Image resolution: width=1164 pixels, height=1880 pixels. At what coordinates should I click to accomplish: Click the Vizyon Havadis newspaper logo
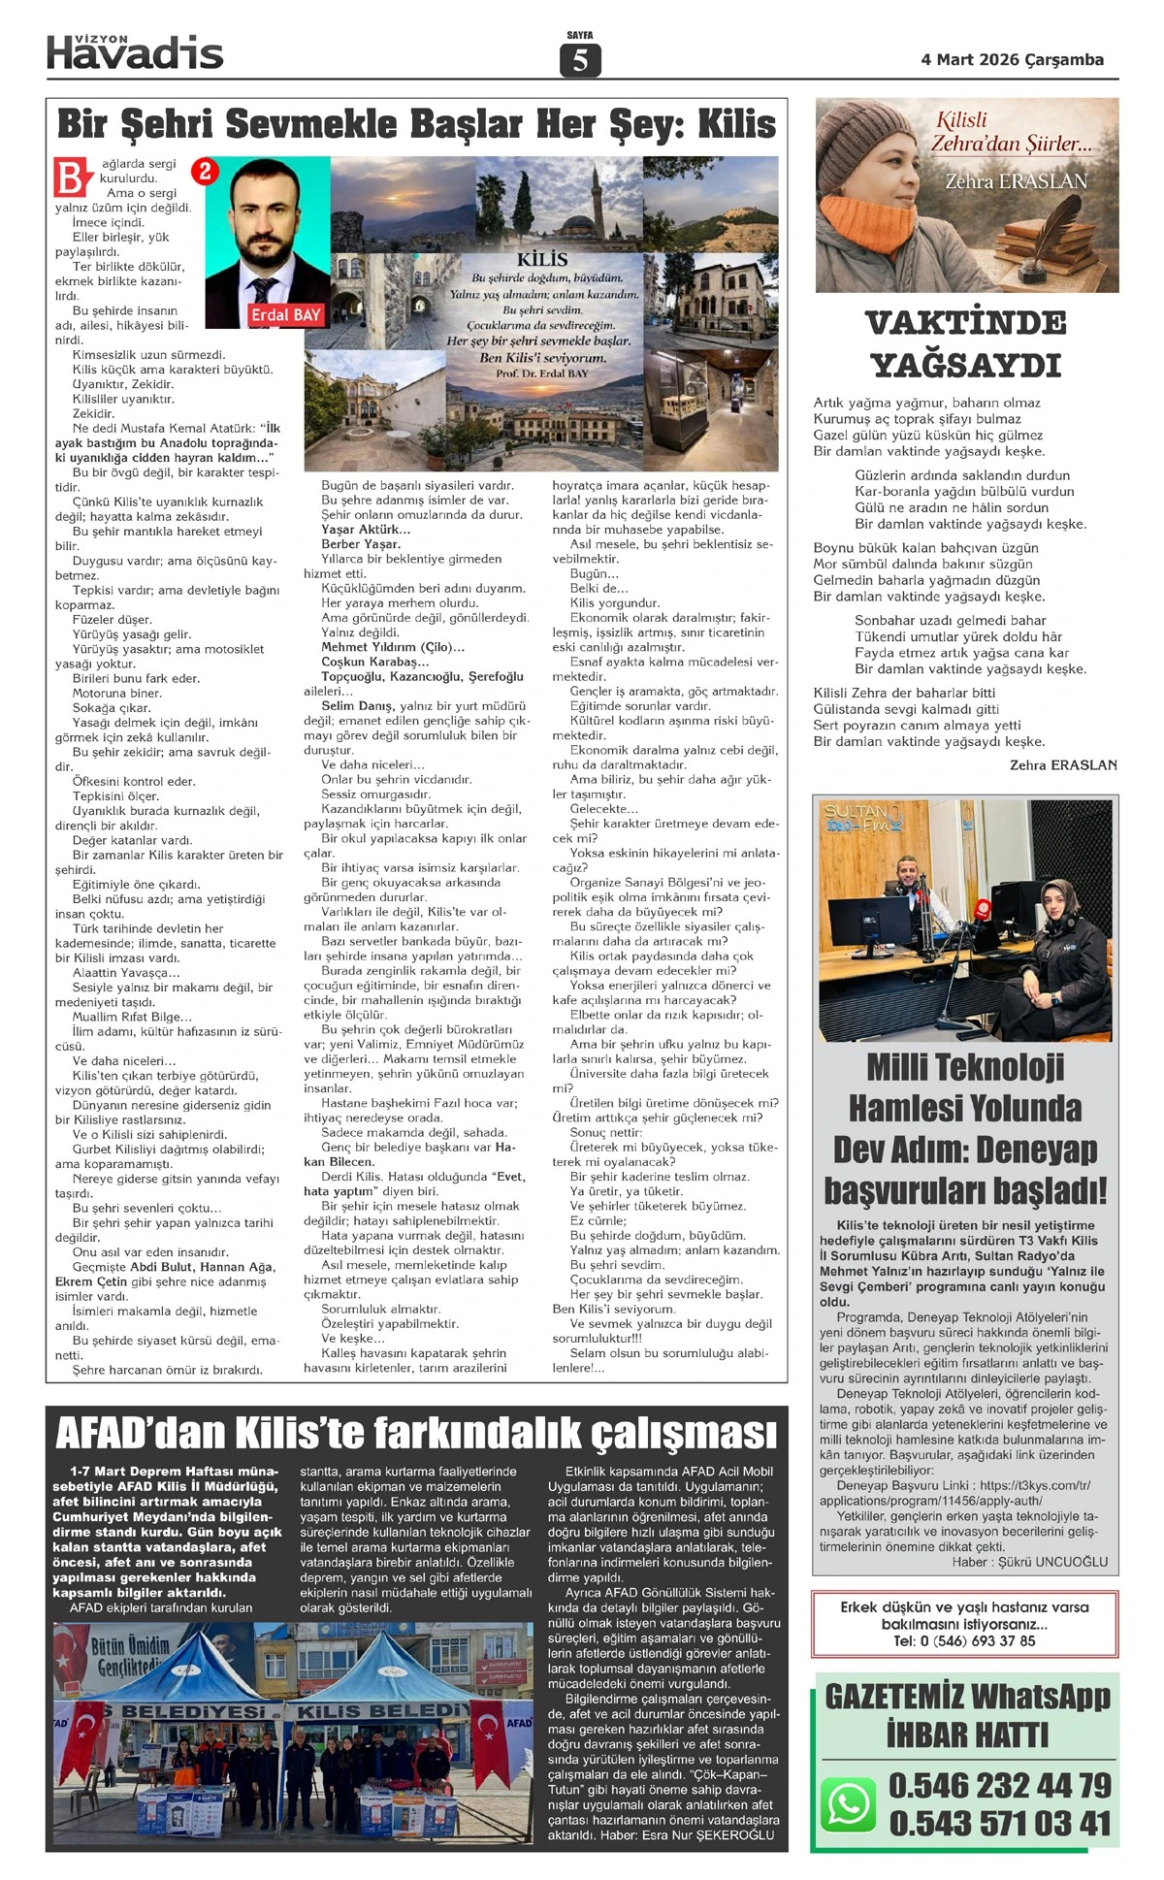coord(135,52)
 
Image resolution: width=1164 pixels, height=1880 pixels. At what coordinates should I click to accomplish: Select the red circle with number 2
coord(205,172)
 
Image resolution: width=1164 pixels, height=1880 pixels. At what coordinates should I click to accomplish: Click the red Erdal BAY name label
coord(285,315)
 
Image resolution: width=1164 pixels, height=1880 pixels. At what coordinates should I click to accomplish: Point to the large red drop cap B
coord(72,178)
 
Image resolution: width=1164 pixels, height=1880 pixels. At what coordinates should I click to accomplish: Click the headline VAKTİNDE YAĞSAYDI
coord(966,343)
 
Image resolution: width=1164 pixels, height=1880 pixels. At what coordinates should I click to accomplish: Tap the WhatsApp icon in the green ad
coord(849,1802)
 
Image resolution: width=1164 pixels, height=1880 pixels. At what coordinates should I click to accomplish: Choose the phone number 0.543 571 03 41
coord(999,1823)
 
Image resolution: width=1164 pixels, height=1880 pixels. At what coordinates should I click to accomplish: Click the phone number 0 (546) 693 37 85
coord(964,1640)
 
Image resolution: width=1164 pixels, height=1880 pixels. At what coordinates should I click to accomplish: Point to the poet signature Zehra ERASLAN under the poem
coord(1063,764)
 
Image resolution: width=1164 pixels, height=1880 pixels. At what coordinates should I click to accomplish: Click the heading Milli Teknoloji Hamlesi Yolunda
coord(965,1087)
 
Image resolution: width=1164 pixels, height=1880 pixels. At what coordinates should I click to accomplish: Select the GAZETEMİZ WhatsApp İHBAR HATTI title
coord(967,1715)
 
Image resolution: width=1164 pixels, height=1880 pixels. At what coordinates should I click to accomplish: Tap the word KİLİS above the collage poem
coord(542,259)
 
